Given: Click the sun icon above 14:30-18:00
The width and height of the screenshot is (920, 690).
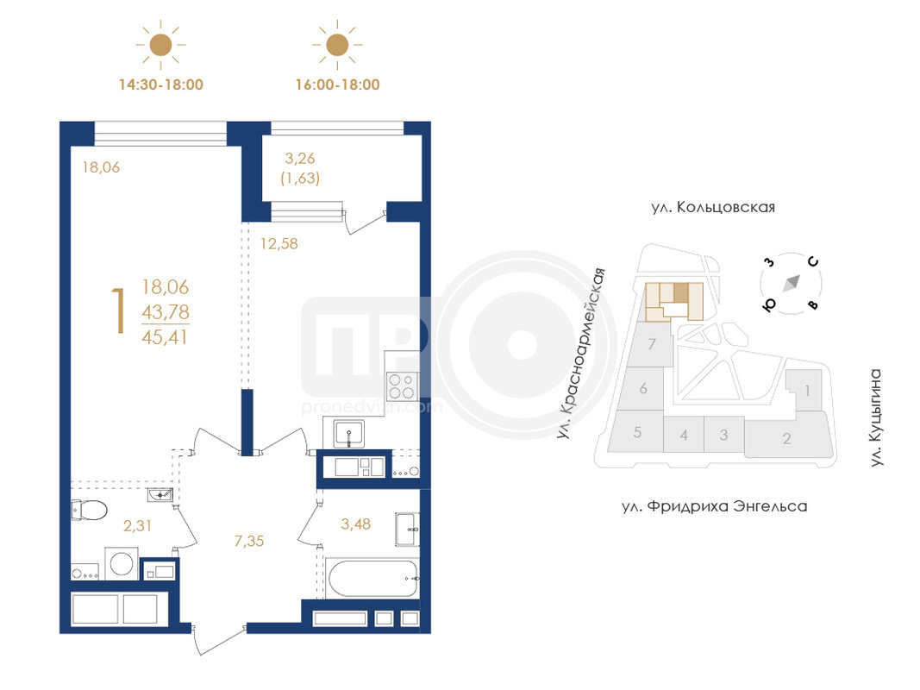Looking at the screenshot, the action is (160, 45).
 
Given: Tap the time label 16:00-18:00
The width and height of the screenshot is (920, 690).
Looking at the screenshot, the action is (337, 85).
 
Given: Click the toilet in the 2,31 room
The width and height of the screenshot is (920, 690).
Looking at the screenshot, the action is (89, 510).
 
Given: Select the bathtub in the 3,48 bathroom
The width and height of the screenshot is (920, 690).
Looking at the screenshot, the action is (373, 579).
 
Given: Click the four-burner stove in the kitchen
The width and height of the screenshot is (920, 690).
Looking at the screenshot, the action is (402, 386).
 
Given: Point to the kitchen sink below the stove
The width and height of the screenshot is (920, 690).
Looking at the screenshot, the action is (348, 434).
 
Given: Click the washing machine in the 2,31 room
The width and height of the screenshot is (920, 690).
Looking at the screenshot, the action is (122, 564).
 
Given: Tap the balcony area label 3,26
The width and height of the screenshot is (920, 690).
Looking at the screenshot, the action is (300, 159).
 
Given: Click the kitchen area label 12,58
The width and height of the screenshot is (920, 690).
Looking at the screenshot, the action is (279, 243).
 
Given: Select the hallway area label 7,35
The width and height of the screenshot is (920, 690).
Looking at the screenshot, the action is (249, 541).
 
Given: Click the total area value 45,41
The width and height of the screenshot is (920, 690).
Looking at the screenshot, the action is (165, 337).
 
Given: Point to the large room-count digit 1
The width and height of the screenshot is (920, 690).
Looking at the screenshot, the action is (120, 311).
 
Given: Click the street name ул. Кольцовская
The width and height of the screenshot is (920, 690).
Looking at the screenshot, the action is (713, 208).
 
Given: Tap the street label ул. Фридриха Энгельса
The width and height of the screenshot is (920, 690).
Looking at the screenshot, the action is (715, 506).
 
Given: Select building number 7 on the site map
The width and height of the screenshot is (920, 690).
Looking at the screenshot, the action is (651, 344).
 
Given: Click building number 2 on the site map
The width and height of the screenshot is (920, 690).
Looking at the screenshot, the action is (787, 438).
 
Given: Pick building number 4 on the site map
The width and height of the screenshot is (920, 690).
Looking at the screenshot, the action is (684, 436).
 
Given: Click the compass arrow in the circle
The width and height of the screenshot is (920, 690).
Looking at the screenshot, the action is (792, 284).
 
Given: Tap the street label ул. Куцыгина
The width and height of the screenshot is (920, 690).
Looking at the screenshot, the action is (875, 417).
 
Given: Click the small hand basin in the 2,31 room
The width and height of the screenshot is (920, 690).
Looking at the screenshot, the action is (160, 495).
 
